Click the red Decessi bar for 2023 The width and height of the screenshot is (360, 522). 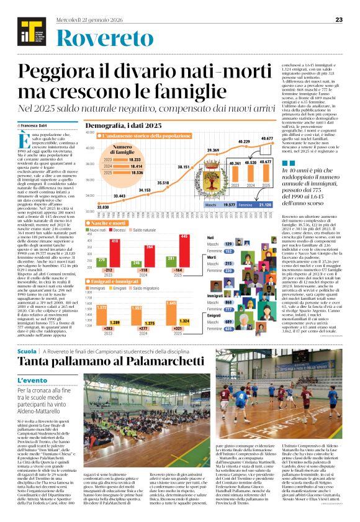(x=115, y=250)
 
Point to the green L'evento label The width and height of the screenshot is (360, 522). (x=31, y=379)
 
